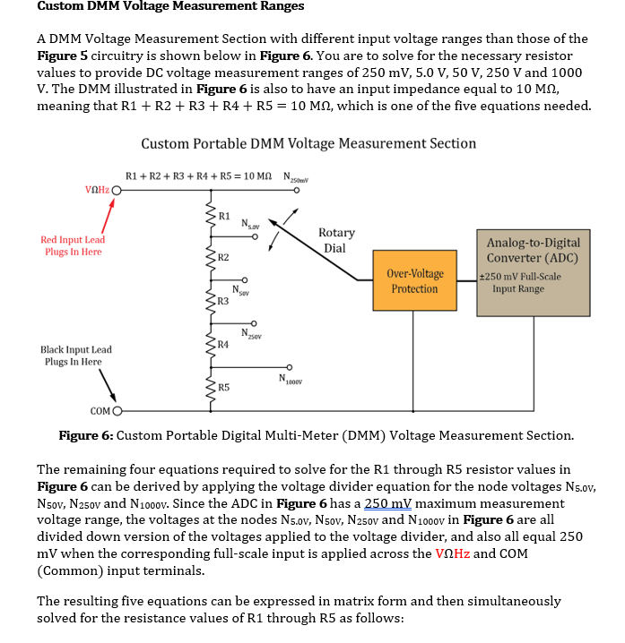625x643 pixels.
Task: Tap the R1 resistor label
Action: point(224,216)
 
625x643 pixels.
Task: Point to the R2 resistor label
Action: point(223,258)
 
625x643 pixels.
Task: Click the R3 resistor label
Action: point(223,301)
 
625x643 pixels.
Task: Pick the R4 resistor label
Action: point(223,344)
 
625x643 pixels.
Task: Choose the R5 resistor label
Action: point(223,388)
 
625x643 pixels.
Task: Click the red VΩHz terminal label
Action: point(96,190)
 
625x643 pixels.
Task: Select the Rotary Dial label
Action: point(336,240)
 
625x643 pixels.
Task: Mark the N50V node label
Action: point(239,290)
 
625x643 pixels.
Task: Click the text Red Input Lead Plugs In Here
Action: point(73,245)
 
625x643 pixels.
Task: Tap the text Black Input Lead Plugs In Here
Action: point(71,356)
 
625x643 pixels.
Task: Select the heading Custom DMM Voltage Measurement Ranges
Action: point(170,6)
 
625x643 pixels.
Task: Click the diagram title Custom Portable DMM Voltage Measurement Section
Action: point(308,143)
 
